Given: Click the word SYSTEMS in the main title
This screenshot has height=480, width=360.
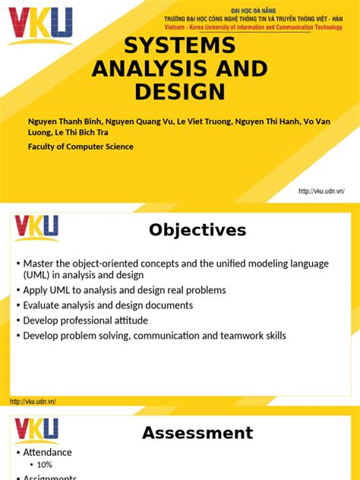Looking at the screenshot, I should pos(180,46).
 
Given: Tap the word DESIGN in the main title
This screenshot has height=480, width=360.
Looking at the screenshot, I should pos(180,92).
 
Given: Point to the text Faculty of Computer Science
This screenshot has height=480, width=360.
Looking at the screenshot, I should pos(80,147).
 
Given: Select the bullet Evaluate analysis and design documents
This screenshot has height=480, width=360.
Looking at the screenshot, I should pos(108,305).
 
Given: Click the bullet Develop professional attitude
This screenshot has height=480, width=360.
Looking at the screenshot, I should pos(85,321).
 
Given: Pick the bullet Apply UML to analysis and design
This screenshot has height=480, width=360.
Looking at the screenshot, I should pos(125,290).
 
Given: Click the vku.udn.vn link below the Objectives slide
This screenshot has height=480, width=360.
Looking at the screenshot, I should pos(33,401).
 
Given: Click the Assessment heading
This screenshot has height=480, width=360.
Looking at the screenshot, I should pos(197,433).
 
